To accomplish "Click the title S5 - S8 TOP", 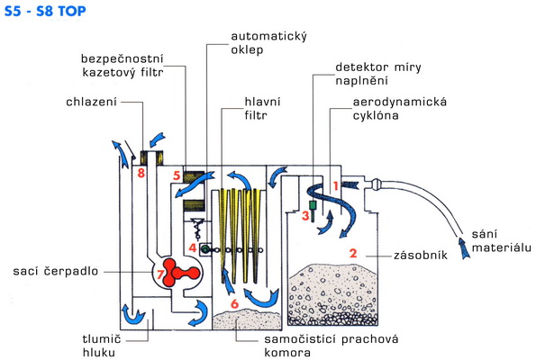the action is click(x=45, y=12).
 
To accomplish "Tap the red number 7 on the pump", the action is click(x=159, y=274).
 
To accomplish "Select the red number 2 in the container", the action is click(x=353, y=253).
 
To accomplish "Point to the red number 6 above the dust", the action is click(x=234, y=303).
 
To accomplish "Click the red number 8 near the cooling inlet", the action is click(x=141, y=173).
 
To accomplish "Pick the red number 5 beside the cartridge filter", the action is click(x=177, y=175).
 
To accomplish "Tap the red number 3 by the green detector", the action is click(x=305, y=215).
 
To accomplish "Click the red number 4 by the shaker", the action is click(x=193, y=247).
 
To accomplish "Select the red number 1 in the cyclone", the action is click(x=336, y=186).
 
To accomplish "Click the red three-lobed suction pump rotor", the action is click(x=177, y=272).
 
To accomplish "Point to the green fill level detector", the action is click(x=313, y=210).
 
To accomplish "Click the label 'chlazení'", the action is click(x=91, y=102).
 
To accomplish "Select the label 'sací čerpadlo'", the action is click(x=55, y=271).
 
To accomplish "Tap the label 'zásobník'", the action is click(x=421, y=255).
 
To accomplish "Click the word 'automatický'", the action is click(x=269, y=37).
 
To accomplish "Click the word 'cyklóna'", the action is click(x=376, y=115).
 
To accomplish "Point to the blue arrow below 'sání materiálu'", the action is click(x=464, y=247).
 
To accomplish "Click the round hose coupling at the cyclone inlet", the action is click(x=378, y=184).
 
